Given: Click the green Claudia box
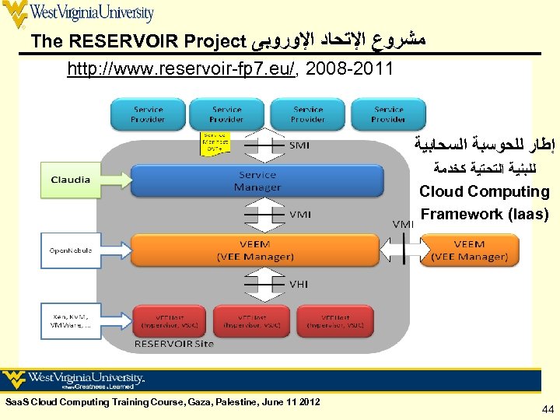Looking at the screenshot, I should pyautogui.click(x=71, y=180).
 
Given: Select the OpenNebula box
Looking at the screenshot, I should pyautogui.click(x=71, y=250).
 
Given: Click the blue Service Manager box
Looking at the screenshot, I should pyautogui.click(x=257, y=181).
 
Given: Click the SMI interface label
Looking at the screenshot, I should pyautogui.click(x=299, y=145).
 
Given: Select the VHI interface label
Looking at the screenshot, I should pyautogui.click(x=299, y=285).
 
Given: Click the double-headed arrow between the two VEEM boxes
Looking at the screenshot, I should pyautogui.click(x=401, y=250).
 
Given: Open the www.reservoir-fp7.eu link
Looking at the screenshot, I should pyautogui.click(x=180, y=70).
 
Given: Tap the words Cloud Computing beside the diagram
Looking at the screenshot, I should pyautogui.click(x=484, y=191).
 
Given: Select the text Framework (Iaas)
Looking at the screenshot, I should pyautogui.click(x=485, y=214).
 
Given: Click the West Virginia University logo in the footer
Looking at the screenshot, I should pyautogui.click(x=74, y=380).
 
